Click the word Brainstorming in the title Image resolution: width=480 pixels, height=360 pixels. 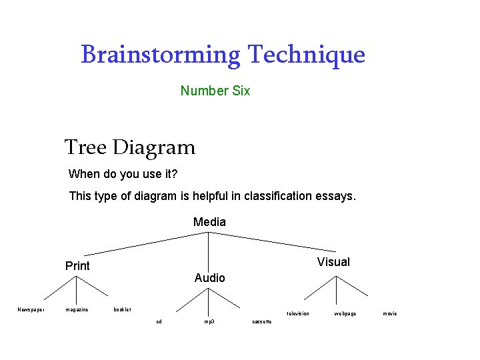160,55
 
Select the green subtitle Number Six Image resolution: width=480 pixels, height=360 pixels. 215,91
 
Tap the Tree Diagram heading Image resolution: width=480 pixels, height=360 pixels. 130,147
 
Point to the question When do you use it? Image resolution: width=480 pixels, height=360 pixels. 123,175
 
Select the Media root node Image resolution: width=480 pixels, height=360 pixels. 209,222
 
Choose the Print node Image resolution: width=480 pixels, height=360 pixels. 77,266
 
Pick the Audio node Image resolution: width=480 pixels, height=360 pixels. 209,277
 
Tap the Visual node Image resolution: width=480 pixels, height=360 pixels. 333,262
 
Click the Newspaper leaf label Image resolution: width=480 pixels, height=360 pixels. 31,309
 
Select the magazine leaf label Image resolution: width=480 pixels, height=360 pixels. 77,309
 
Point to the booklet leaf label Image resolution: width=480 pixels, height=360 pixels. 122,309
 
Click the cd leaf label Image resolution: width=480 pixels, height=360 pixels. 159,321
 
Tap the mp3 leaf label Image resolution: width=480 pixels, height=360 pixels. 209,321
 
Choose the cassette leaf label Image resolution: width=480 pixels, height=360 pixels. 261,321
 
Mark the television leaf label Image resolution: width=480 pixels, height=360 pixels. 297,313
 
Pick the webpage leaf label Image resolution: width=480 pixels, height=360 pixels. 345,313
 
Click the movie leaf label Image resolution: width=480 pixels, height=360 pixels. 389,313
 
